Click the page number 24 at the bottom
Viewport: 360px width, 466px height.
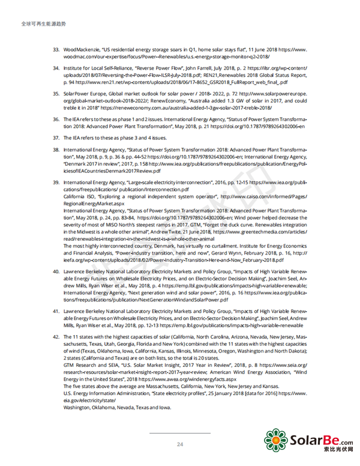pos(180,444)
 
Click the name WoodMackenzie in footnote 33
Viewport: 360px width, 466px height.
pos(80,49)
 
